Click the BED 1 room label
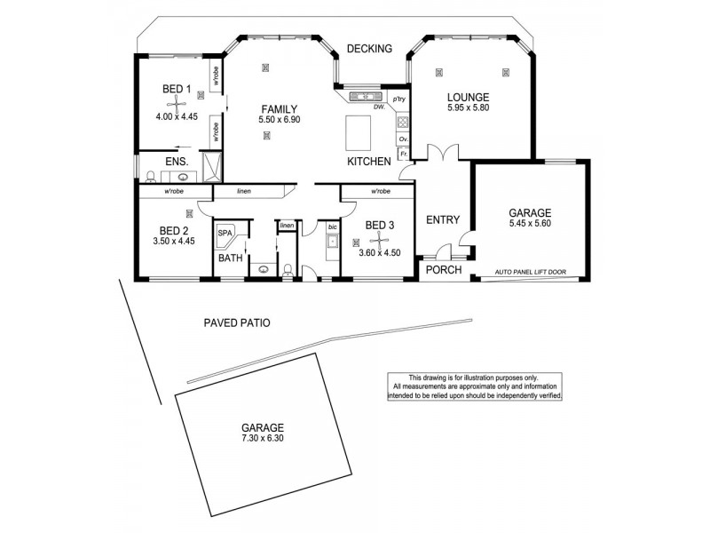[176, 89]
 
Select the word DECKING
[369, 49]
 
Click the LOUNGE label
[469, 96]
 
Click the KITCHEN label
[368, 162]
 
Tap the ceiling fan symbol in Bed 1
[177, 104]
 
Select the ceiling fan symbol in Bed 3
[379, 239]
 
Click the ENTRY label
[441, 220]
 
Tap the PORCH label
[444, 270]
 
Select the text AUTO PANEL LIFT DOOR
[531, 271]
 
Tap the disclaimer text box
[474, 386]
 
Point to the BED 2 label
[166, 227]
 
